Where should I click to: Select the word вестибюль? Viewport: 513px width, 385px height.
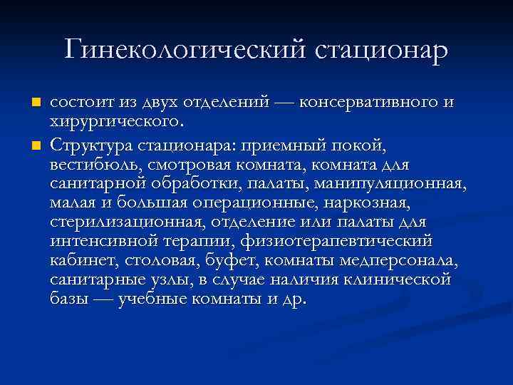[x=93, y=166]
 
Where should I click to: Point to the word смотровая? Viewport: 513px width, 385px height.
[x=186, y=166]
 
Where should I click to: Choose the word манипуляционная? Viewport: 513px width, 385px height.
[x=402, y=185]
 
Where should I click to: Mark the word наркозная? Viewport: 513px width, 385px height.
[x=368, y=204]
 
